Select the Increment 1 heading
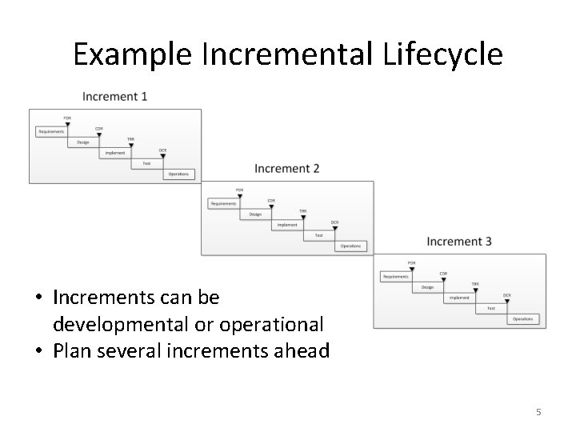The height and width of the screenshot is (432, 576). tap(114, 97)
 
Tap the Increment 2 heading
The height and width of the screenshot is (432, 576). tap(287, 169)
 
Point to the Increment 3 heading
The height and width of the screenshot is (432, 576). tap(459, 242)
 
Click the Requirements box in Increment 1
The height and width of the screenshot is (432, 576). tap(51, 131)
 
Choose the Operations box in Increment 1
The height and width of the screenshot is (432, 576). tap(178, 174)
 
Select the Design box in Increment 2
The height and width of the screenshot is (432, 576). tap(255, 214)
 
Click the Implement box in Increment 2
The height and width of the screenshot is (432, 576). tap(287, 225)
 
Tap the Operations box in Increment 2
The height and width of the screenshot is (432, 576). tap(350, 246)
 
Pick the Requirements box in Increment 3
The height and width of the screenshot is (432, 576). tap(395, 277)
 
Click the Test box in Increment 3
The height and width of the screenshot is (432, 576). tap(491, 308)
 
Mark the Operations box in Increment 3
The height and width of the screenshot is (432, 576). tap(523, 319)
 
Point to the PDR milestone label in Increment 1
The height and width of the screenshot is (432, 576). tap(67, 118)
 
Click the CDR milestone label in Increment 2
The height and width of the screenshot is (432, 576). tap(271, 200)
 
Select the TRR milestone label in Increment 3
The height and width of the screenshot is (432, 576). tap(475, 284)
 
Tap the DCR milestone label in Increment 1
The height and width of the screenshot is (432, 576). tap(162, 150)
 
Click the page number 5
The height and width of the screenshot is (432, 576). tap(538, 412)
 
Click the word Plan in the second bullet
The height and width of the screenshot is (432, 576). tap(73, 350)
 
